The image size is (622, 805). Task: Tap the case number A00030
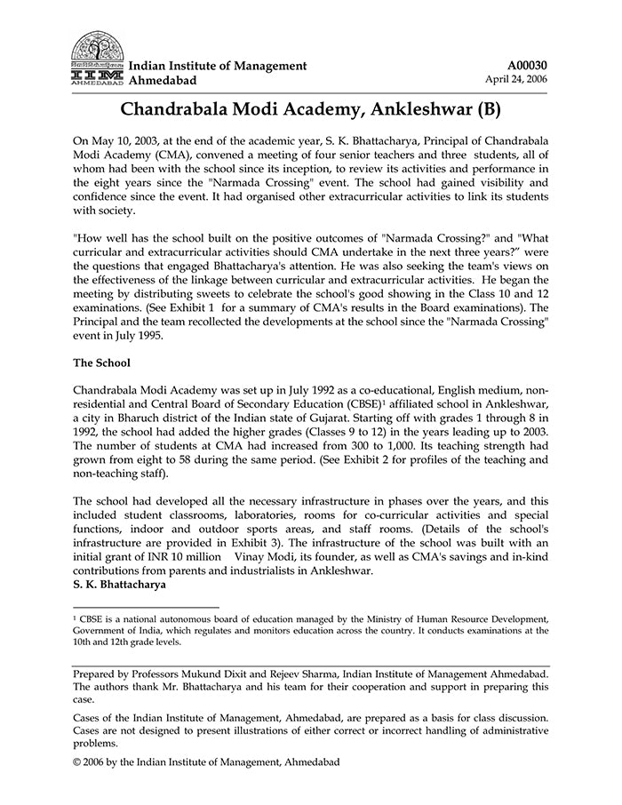pos(528,66)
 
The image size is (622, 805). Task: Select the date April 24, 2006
pos(516,79)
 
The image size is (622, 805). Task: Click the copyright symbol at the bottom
pos(77,762)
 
